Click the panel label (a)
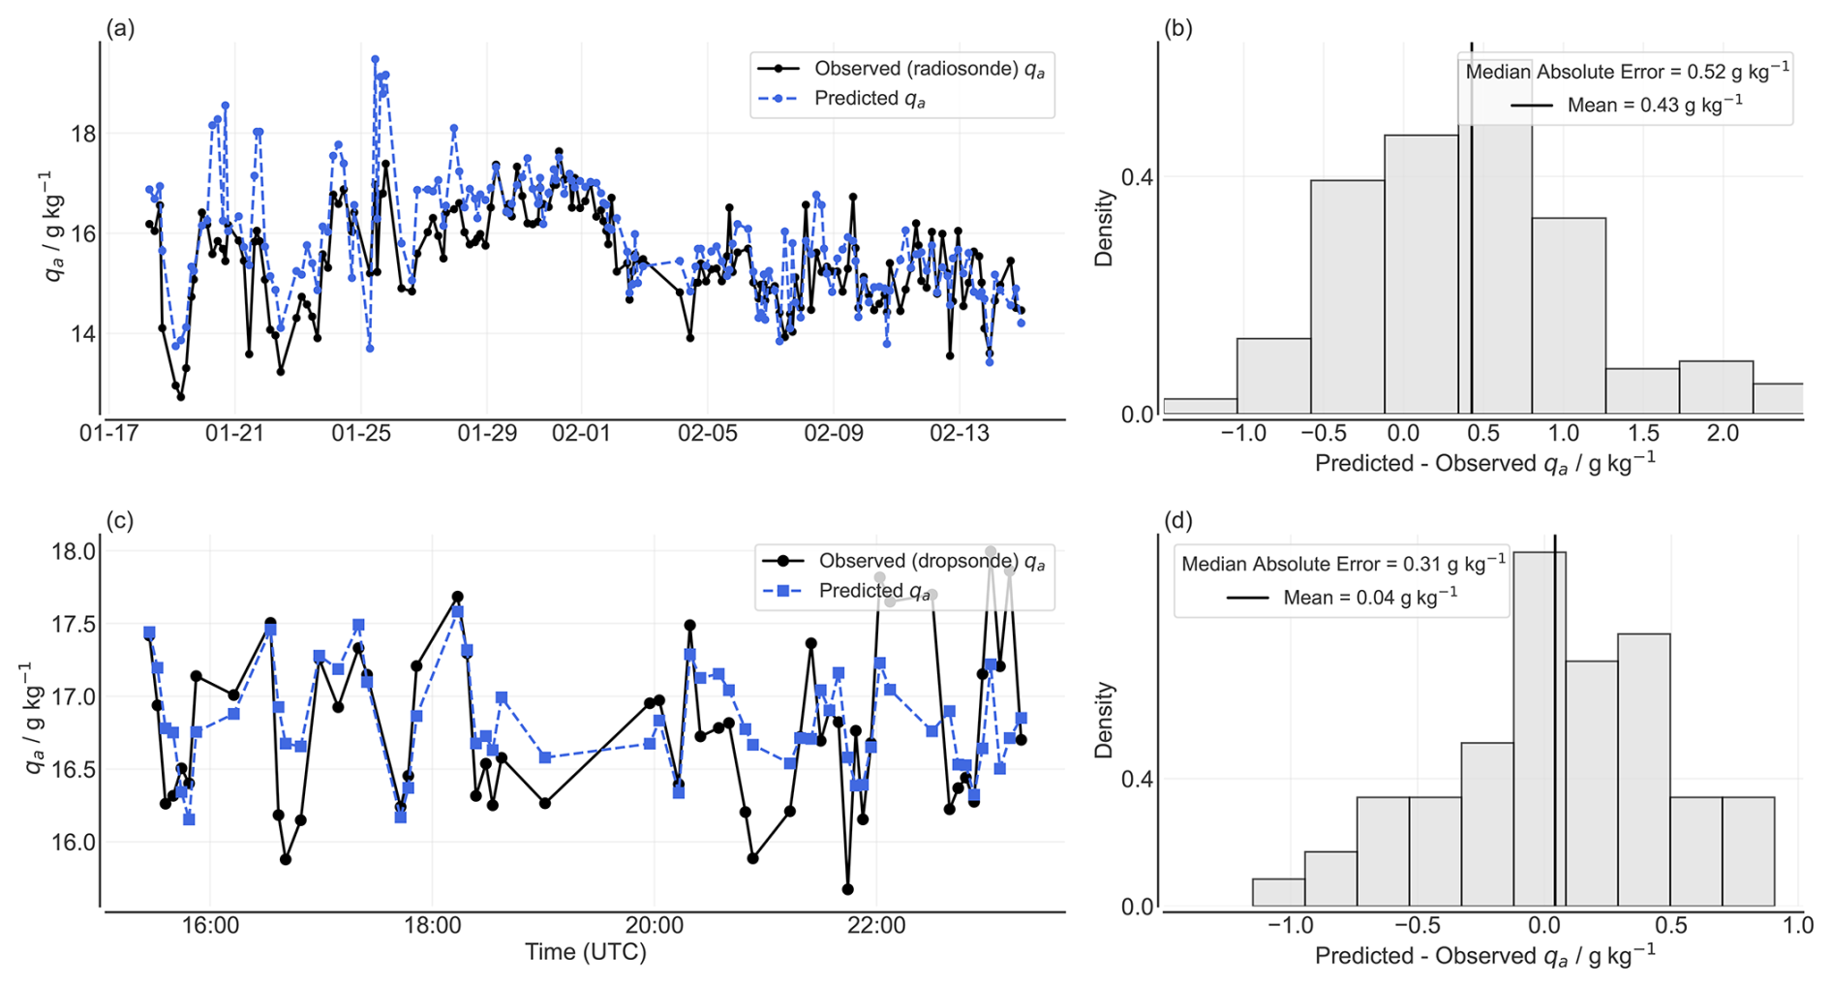(x=120, y=28)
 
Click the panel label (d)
(x=1178, y=520)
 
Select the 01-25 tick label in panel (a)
(x=361, y=433)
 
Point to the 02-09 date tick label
(x=834, y=433)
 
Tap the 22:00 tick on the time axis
(x=876, y=925)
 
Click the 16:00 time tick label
(x=210, y=925)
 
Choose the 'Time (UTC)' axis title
(x=585, y=952)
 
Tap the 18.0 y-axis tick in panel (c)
(x=74, y=552)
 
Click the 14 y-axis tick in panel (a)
(x=83, y=334)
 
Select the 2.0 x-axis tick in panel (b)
(x=1723, y=433)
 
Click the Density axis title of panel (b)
(x=1104, y=228)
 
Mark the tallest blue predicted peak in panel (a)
(x=375, y=59)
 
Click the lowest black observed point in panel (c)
(x=848, y=889)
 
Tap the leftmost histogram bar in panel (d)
(x=1278, y=893)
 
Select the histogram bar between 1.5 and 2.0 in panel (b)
(x=1642, y=391)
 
